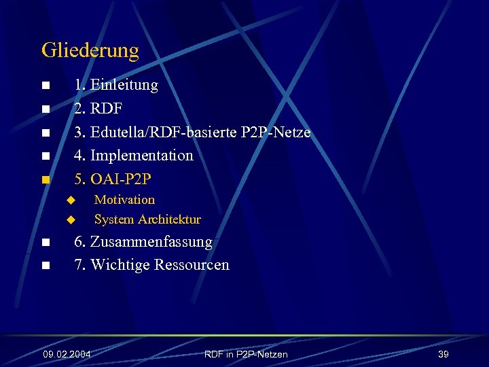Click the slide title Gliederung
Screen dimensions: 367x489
[90, 50]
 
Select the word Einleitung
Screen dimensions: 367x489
[124, 85]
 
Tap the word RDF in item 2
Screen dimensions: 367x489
[106, 109]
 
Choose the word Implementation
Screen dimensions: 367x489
[141, 156]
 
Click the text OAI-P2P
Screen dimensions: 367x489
[121, 179]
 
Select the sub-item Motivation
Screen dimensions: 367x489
[124, 200]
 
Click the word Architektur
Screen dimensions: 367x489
[169, 220]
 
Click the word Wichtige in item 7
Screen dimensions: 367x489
[120, 265]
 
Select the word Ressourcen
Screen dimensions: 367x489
[192, 265]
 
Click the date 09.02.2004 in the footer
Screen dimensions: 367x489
[67, 355]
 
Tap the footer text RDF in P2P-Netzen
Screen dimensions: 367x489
[245, 355]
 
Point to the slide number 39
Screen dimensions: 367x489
[443, 355]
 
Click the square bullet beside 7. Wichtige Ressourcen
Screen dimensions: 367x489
[45, 266]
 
